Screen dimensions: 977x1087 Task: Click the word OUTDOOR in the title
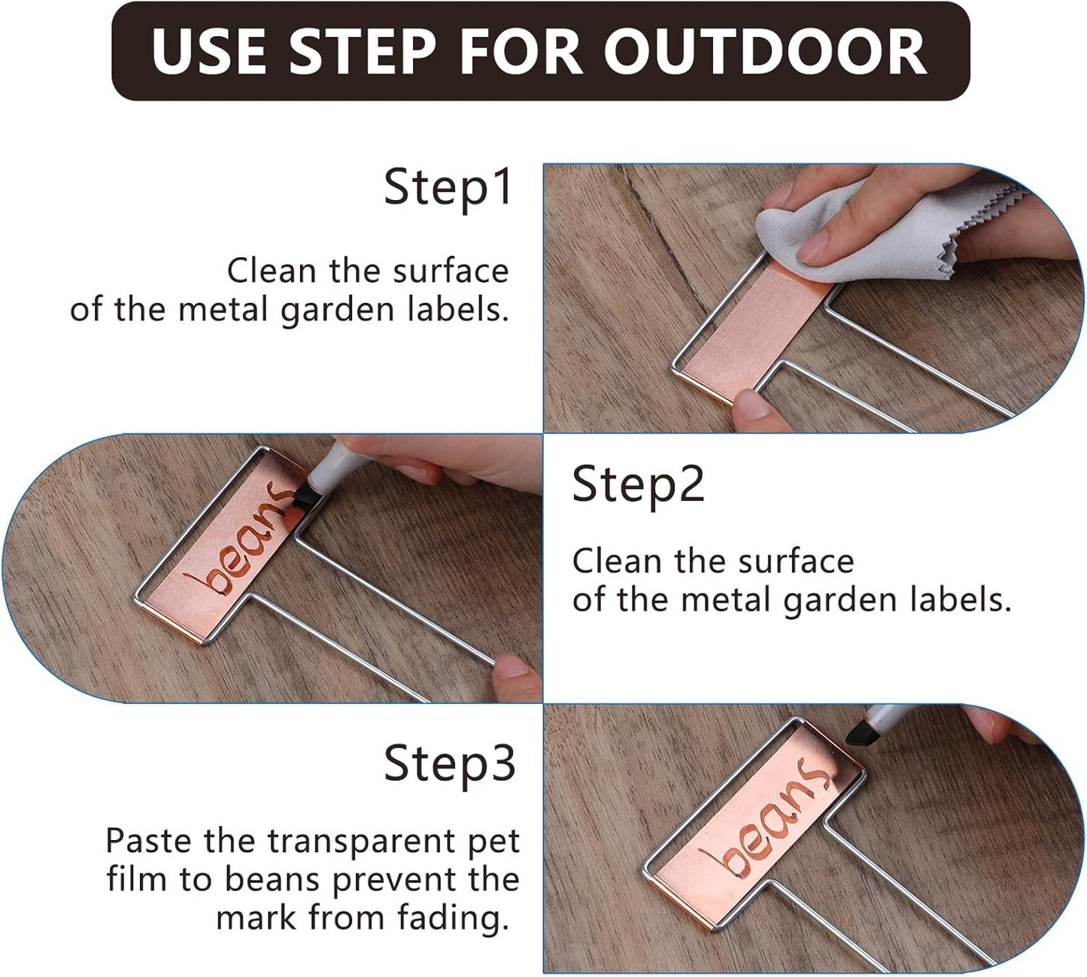764,51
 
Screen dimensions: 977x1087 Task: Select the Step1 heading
448,187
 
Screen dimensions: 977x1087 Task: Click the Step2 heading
638,485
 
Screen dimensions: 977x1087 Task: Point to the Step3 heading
449,763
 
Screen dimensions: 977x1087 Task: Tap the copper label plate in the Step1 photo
760,331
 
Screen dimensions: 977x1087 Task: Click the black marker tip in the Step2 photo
304,494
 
